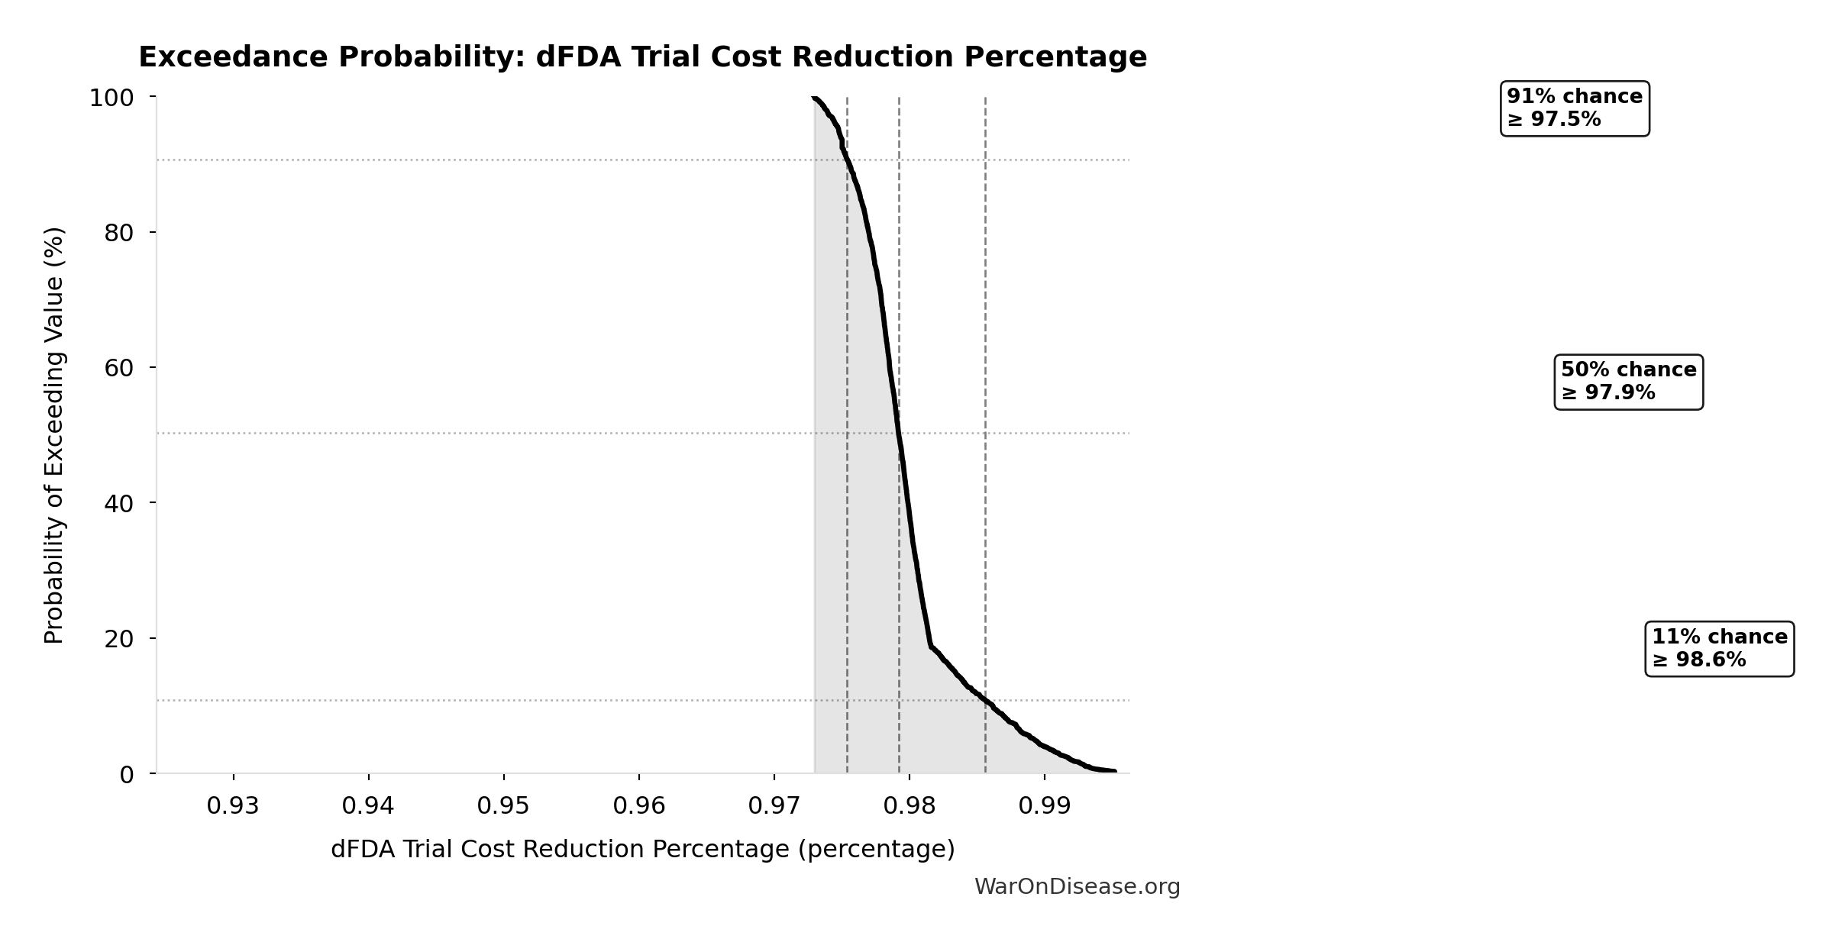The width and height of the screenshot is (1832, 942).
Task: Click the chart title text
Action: coord(642,57)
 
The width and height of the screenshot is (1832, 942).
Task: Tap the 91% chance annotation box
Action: coord(1574,108)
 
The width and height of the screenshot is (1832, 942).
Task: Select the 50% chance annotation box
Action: coord(1628,382)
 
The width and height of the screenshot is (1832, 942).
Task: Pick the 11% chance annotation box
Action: coord(1719,648)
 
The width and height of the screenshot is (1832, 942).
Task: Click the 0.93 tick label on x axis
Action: coord(233,806)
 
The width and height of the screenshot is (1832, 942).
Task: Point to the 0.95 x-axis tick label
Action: coord(503,806)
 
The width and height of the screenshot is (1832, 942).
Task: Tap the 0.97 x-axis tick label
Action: coord(774,806)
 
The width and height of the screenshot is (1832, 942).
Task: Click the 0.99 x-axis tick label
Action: coord(1044,806)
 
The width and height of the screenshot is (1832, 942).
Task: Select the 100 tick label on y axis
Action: coord(111,98)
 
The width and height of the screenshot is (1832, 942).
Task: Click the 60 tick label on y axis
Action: coord(119,368)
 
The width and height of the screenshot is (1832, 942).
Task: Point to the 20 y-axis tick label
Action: coord(119,639)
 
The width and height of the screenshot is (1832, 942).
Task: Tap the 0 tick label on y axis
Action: coord(127,775)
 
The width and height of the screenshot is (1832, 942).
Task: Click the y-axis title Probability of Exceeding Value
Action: coord(54,435)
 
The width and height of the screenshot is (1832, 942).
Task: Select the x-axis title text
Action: coord(642,850)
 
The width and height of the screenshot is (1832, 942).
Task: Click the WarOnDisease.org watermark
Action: coord(1077,886)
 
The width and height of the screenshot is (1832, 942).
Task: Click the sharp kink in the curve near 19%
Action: coord(931,647)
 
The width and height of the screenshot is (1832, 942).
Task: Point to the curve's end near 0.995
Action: coord(1114,771)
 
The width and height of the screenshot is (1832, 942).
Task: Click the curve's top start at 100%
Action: coord(814,98)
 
